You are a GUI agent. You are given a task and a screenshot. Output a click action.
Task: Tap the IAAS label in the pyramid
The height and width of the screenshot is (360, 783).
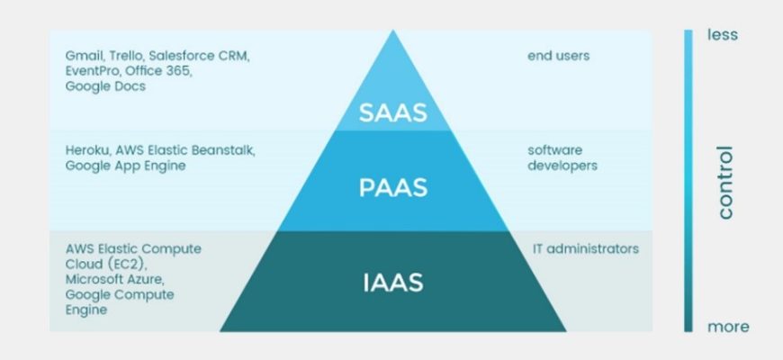coord(392,282)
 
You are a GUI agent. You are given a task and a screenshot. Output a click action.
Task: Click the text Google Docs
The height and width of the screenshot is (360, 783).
coord(105,86)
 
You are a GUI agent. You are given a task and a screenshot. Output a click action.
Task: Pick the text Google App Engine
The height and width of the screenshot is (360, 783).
coord(125,166)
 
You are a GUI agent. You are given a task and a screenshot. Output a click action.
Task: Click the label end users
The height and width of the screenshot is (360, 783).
coord(558,56)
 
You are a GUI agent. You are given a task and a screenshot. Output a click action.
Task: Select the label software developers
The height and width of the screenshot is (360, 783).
coord(562,157)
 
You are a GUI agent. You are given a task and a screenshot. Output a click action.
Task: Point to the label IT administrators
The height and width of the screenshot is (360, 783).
coord(586,248)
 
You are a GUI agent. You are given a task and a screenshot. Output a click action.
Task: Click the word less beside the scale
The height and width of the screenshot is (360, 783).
coord(723,35)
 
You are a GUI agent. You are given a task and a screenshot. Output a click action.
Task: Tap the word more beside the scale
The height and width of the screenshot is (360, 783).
coord(727,327)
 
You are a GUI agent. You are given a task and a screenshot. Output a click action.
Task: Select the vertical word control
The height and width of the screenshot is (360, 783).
coord(725,183)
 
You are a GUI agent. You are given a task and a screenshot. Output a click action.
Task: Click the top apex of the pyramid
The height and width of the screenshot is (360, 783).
coord(392,32)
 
